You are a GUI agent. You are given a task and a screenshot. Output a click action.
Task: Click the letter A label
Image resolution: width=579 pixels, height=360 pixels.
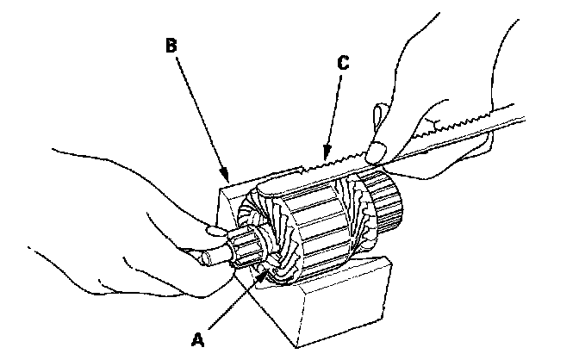(198, 339)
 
